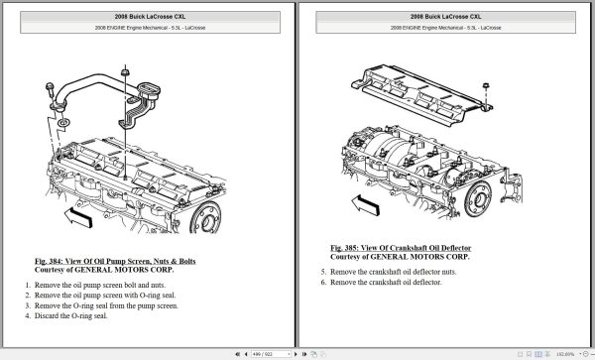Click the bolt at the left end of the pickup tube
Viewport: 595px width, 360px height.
point(50,90)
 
